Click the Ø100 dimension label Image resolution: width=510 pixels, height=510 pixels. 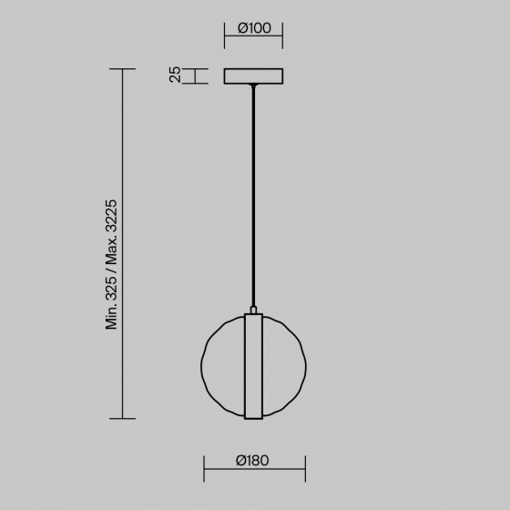click(254, 28)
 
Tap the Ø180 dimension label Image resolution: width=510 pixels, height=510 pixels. click(252, 461)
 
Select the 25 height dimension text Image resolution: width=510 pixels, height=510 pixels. click(175, 75)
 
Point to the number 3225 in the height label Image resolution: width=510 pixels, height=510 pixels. click(111, 216)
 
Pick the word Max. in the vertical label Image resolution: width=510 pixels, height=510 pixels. click(111, 250)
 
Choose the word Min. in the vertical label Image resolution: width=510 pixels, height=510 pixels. click(111, 317)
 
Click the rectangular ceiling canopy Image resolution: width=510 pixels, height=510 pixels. click(253, 76)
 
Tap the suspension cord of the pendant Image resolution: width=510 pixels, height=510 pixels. click(253, 195)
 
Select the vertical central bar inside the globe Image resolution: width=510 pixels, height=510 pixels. click(253, 366)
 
